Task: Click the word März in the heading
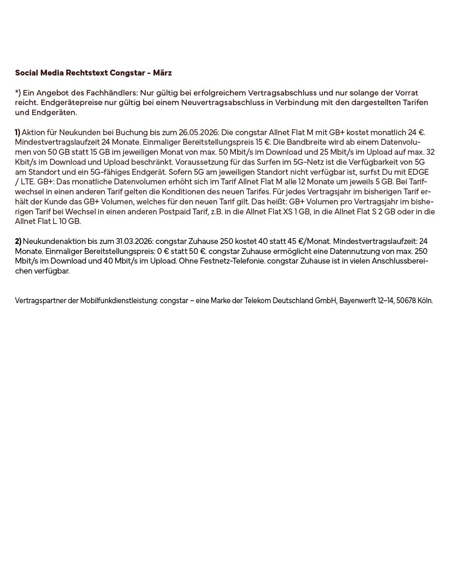(x=162, y=73)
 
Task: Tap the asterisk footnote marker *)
(x=18, y=93)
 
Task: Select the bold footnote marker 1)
(x=18, y=133)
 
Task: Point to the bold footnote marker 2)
(x=18, y=241)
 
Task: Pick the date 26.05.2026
(x=198, y=133)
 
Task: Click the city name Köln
(x=425, y=301)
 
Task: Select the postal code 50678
(x=406, y=301)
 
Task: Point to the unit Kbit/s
(x=24, y=162)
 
